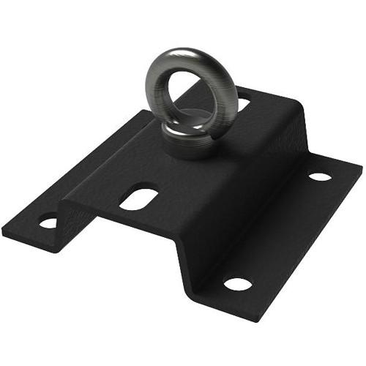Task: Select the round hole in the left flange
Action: pyautogui.click(x=48, y=222)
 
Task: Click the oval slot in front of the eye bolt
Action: pyautogui.click(x=138, y=198)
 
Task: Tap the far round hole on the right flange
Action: pyautogui.click(x=319, y=176)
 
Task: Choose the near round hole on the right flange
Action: pyautogui.click(x=237, y=283)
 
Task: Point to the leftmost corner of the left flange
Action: pyautogui.click(x=4, y=233)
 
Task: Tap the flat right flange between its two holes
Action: pyautogui.click(x=282, y=231)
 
